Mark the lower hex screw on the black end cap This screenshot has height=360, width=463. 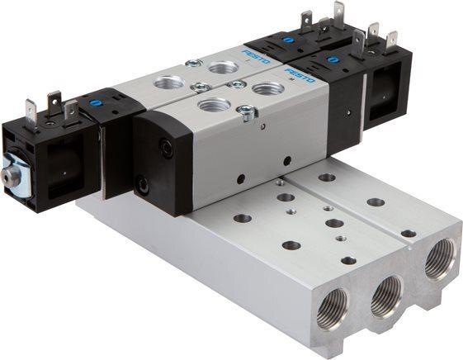(145, 187)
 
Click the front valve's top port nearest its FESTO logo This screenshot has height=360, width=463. (267, 88)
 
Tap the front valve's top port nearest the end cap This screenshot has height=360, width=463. (214, 106)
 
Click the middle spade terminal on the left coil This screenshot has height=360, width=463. (54, 102)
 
